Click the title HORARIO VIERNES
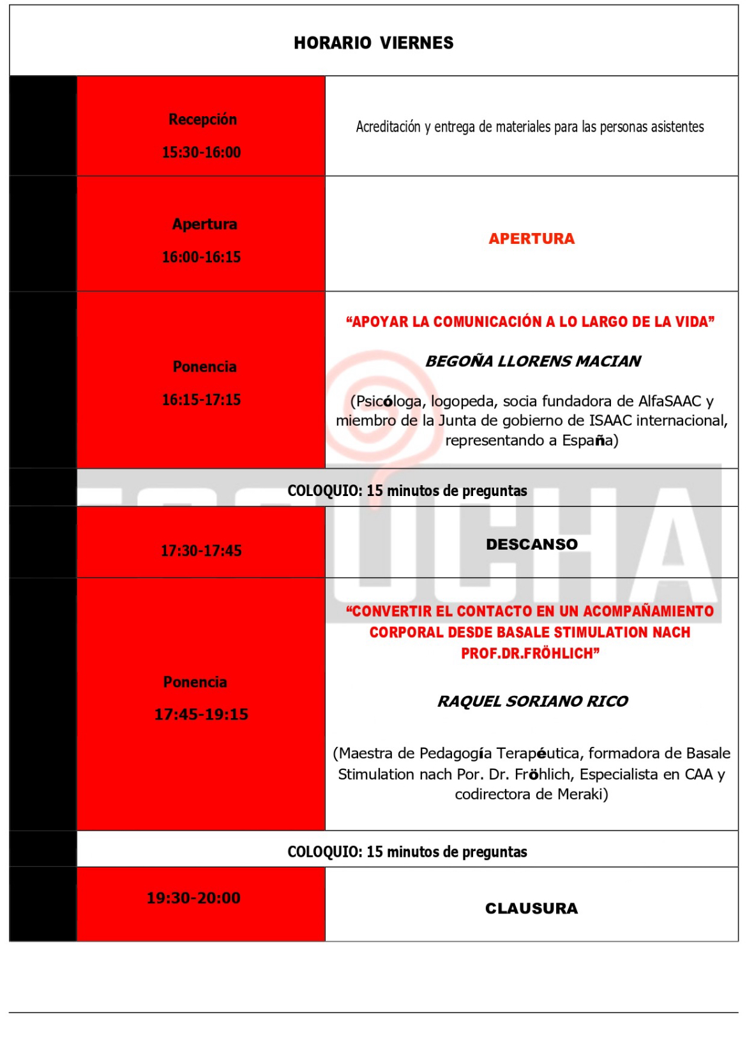[373, 43]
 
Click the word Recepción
[202, 119]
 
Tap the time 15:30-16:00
[201, 153]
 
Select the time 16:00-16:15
[201, 257]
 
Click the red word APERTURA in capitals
[531, 239]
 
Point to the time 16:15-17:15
[201, 400]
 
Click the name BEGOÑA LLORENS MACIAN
[532, 361]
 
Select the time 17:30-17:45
[201, 551]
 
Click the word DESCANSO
[531, 545]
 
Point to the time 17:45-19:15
[201, 714]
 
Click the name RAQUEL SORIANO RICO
[532, 702]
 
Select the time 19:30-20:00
[193, 898]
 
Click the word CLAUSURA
[531, 908]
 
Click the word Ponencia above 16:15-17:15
[204, 367]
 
